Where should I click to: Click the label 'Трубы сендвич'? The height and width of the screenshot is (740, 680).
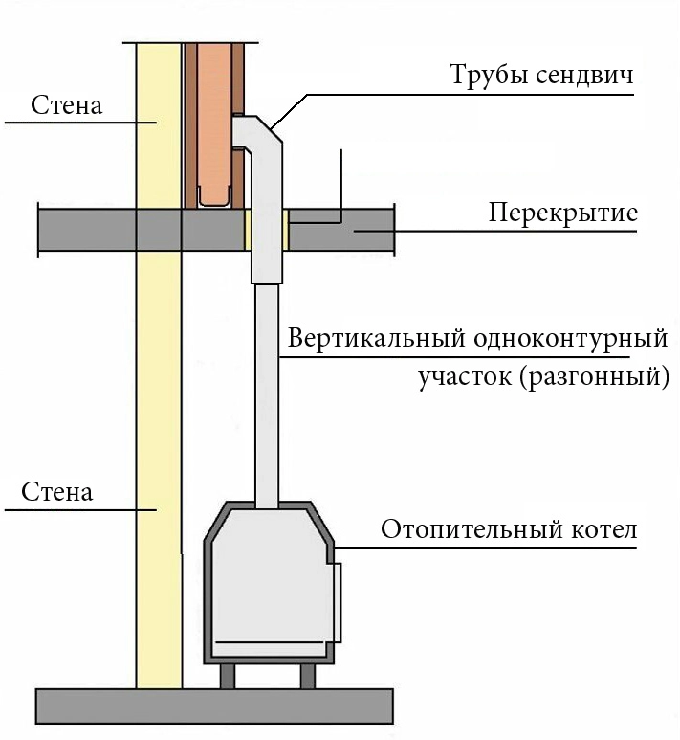coord(542,76)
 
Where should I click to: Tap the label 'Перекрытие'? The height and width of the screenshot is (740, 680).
coord(562,212)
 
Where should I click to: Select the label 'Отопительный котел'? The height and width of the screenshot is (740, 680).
coord(508,529)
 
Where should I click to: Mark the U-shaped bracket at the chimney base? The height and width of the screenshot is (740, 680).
coord(214,199)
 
